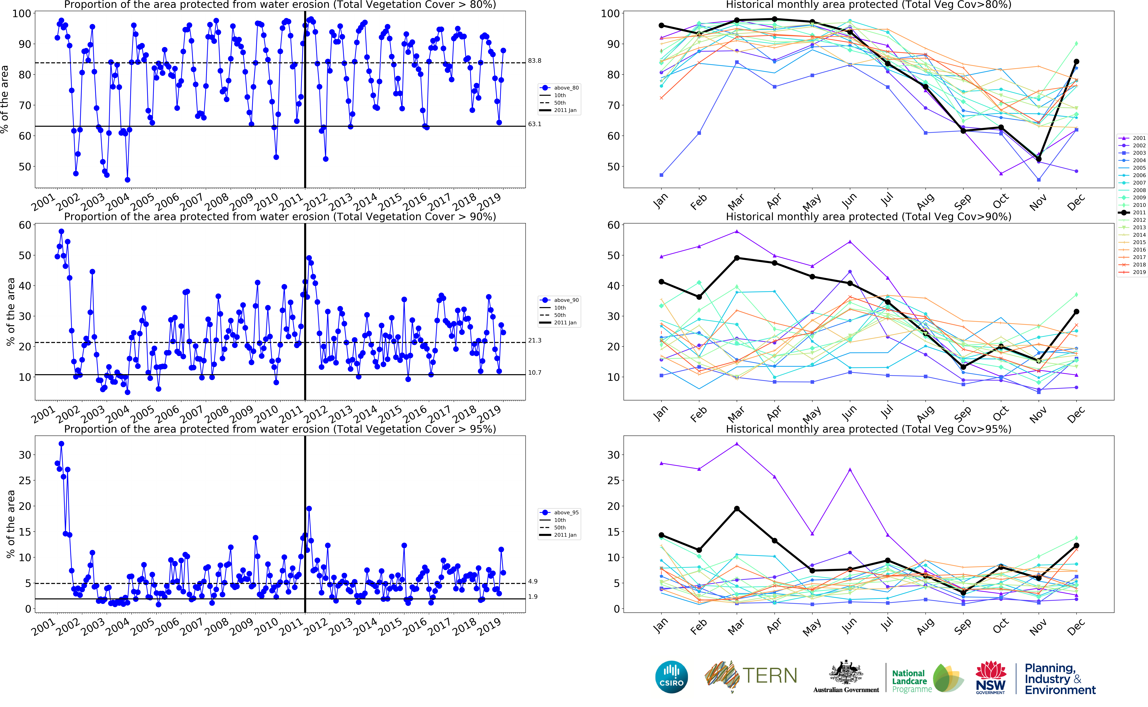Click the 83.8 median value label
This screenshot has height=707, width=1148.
coord(535,61)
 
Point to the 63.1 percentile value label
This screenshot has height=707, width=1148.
coord(535,124)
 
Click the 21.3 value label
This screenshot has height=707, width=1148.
coord(535,340)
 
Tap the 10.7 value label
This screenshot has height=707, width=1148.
coord(535,373)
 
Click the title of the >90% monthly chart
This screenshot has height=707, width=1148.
coord(868,216)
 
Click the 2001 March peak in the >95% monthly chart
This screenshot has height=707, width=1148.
coord(737,444)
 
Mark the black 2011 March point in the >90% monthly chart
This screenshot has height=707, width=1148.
coord(737,258)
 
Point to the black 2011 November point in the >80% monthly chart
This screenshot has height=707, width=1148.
coord(1039,159)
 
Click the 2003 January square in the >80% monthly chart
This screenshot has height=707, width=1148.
coord(661,175)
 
